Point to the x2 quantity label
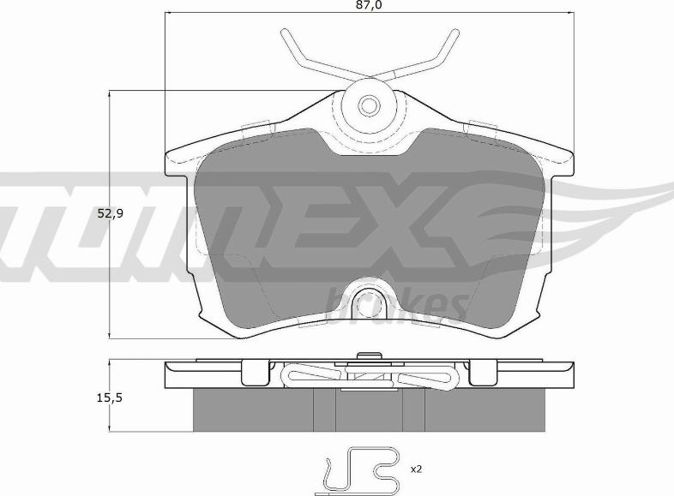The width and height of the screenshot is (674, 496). tap(416, 469)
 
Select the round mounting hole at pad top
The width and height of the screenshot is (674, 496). tap(369, 105)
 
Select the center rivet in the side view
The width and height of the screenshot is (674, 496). tap(369, 356)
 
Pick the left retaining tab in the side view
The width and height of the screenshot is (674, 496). tap(255, 372)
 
